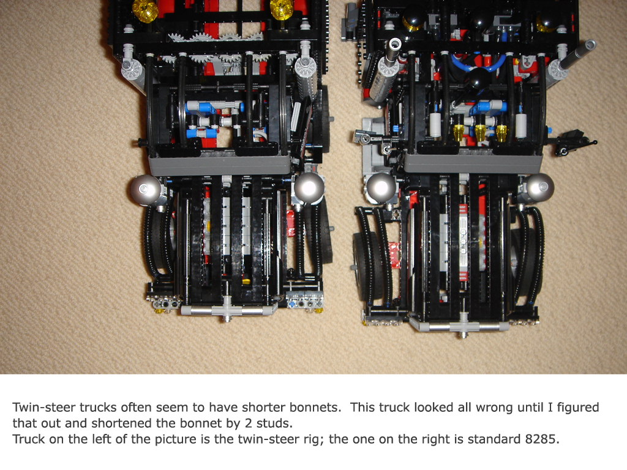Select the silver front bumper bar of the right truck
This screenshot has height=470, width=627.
point(464,327)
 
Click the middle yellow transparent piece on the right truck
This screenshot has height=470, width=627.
point(480,132)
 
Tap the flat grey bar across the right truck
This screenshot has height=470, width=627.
point(473,163)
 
